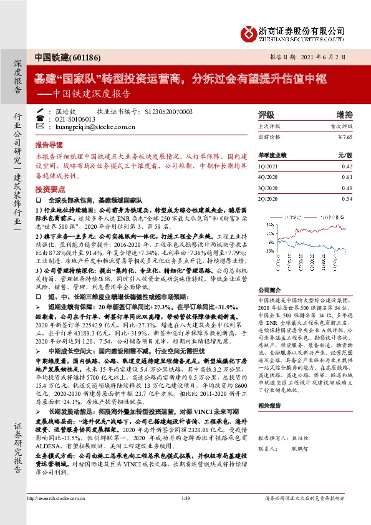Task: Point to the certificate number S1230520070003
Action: click(168, 111)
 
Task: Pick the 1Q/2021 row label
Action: click(269, 166)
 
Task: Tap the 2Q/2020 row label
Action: click(269, 198)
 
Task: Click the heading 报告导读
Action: click(49, 142)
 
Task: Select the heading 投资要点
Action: click(49, 188)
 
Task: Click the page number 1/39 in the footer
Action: click(185, 516)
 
